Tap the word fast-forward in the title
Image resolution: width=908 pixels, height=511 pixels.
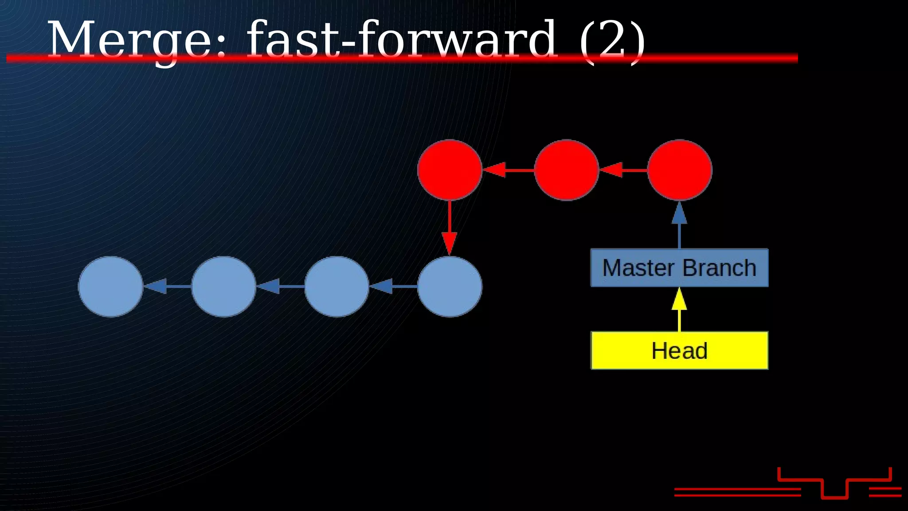point(401,40)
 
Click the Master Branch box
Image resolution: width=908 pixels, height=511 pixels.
point(679,268)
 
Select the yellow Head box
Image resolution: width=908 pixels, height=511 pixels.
point(679,350)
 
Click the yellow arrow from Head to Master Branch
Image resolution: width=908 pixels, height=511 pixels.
point(679,309)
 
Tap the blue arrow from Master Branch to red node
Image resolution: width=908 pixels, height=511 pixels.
point(679,224)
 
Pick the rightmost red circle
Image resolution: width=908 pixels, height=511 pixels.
point(679,170)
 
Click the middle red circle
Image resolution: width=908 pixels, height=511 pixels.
point(566,170)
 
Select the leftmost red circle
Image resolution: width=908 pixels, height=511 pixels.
point(450,170)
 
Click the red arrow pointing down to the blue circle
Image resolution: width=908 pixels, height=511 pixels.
point(450,228)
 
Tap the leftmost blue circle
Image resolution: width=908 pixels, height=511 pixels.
point(110,287)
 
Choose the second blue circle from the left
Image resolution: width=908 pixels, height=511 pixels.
point(223,287)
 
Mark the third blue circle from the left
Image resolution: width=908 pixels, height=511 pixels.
point(337,287)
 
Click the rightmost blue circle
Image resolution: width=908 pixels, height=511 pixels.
point(450,287)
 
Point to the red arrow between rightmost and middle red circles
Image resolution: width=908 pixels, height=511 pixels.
point(623,170)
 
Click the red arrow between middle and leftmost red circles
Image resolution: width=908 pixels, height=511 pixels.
point(508,170)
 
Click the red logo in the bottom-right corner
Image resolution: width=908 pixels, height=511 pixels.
point(834,483)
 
